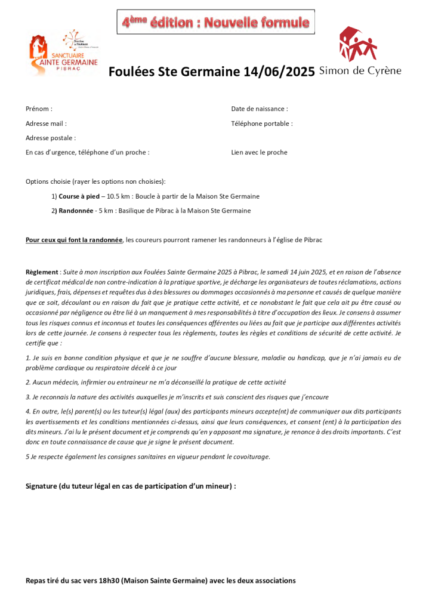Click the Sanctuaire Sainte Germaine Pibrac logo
(63, 54)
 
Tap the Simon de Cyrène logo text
(360, 71)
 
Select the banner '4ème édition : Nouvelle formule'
(215, 23)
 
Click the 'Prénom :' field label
(39, 109)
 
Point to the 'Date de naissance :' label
(260, 109)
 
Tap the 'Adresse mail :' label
(46, 124)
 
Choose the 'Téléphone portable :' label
(262, 124)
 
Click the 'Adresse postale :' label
(51, 138)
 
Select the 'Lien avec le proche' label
(259, 152)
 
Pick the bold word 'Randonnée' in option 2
(76, 211)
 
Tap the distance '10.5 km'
(118, 196)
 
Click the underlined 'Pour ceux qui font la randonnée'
(74, 240)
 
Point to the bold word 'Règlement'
(42, 271)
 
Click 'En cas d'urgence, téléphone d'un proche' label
(87, 152)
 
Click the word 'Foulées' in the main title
(131, 72)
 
